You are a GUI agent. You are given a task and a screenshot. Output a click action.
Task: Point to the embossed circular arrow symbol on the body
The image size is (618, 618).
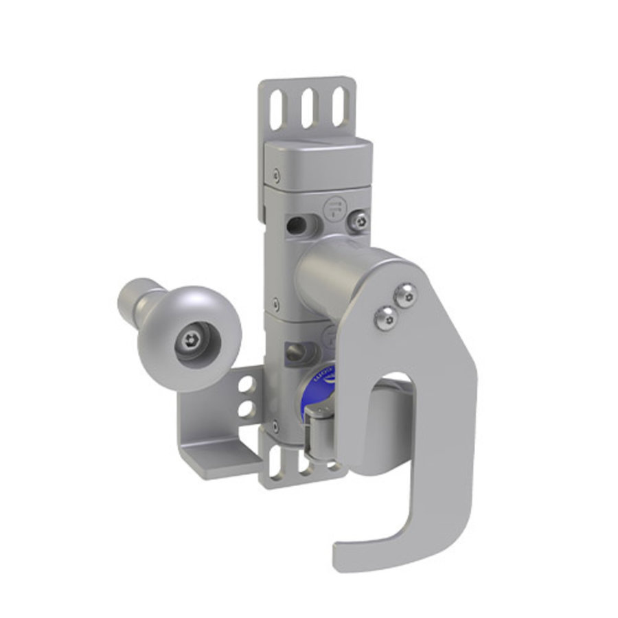tap(334, 207)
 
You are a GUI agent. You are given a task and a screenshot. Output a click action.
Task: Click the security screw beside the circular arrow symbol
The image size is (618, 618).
tap(358, 220)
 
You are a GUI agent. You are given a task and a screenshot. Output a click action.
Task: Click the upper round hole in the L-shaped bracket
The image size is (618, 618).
tap(244, 388)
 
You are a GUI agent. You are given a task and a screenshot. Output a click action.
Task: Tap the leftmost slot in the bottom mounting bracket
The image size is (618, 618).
tap(275, 463)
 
